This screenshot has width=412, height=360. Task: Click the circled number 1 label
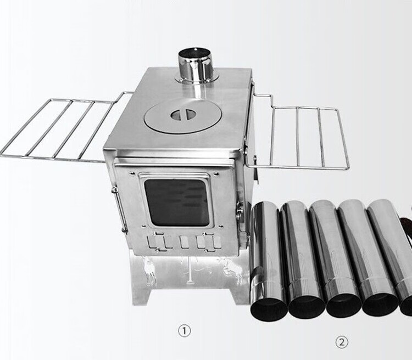184,331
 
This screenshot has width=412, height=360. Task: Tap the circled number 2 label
341,342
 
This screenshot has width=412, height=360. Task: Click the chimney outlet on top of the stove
196,65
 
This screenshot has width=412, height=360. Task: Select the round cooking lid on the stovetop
183,116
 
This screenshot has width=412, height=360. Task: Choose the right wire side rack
297,131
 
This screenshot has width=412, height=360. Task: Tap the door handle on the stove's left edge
119,209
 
